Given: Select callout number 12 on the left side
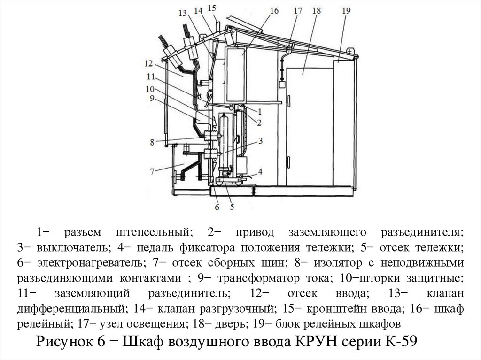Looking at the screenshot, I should click(149, 63).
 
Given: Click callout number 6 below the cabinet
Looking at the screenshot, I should click(217, 207).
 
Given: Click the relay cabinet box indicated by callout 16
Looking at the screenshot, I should click(236, 75).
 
